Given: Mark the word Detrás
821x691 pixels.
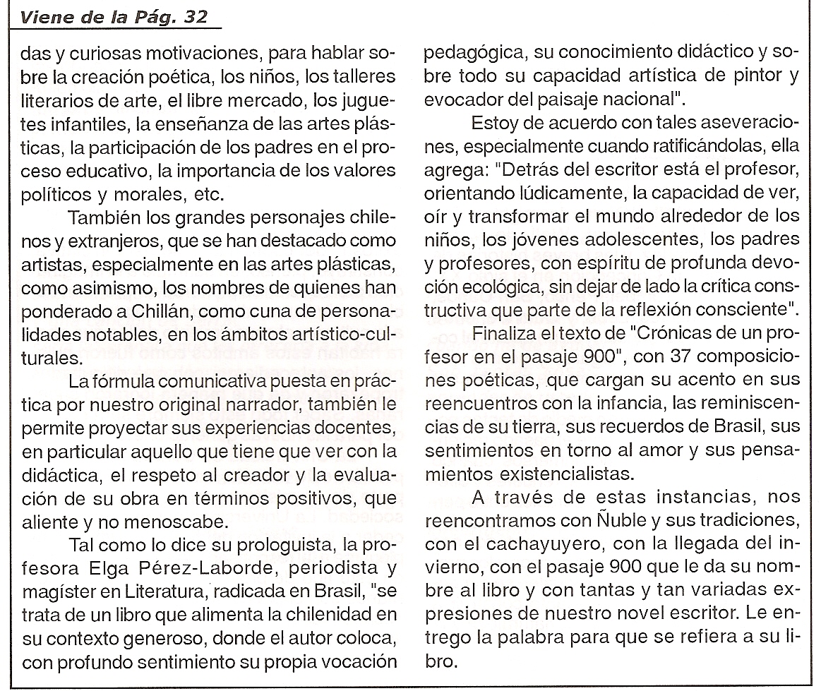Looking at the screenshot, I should (x=527, y=171).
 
